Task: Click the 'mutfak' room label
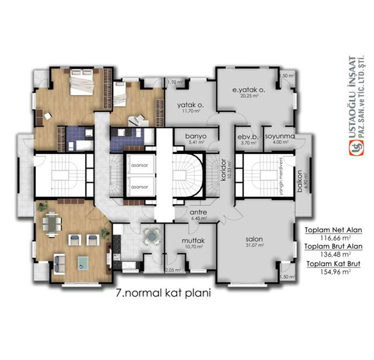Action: click(x=190, y=241)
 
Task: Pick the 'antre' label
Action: click(x=198, y=212)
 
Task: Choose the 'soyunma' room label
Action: click(x=279, y=137)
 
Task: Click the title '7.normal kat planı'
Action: click(x=164, y=294)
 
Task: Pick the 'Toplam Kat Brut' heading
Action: click(x=332, y=264)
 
